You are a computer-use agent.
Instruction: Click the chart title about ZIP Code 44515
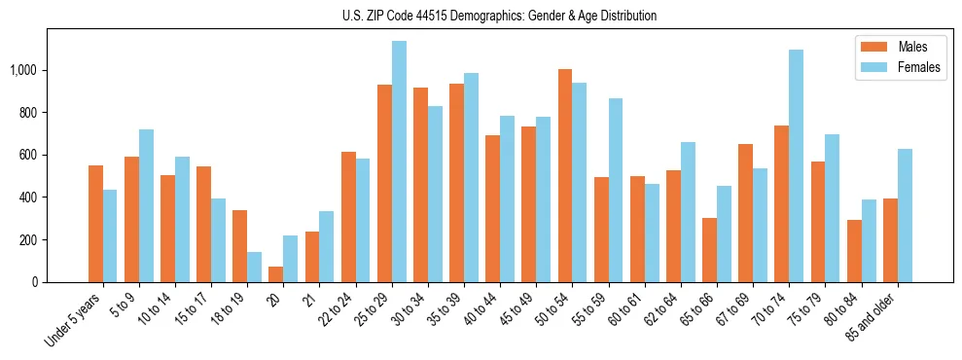coord(500,16)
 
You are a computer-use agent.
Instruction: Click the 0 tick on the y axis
coord(35,282)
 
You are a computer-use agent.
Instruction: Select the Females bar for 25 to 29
coord(399,162)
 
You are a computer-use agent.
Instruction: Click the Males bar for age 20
coord(276,274)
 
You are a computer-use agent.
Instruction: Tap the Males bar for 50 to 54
coord(565,176)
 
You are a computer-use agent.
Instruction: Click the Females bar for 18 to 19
coord(255,268)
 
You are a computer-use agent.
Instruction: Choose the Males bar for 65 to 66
coord(710,250)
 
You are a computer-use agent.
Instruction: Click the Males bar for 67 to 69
coord(746,213)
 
